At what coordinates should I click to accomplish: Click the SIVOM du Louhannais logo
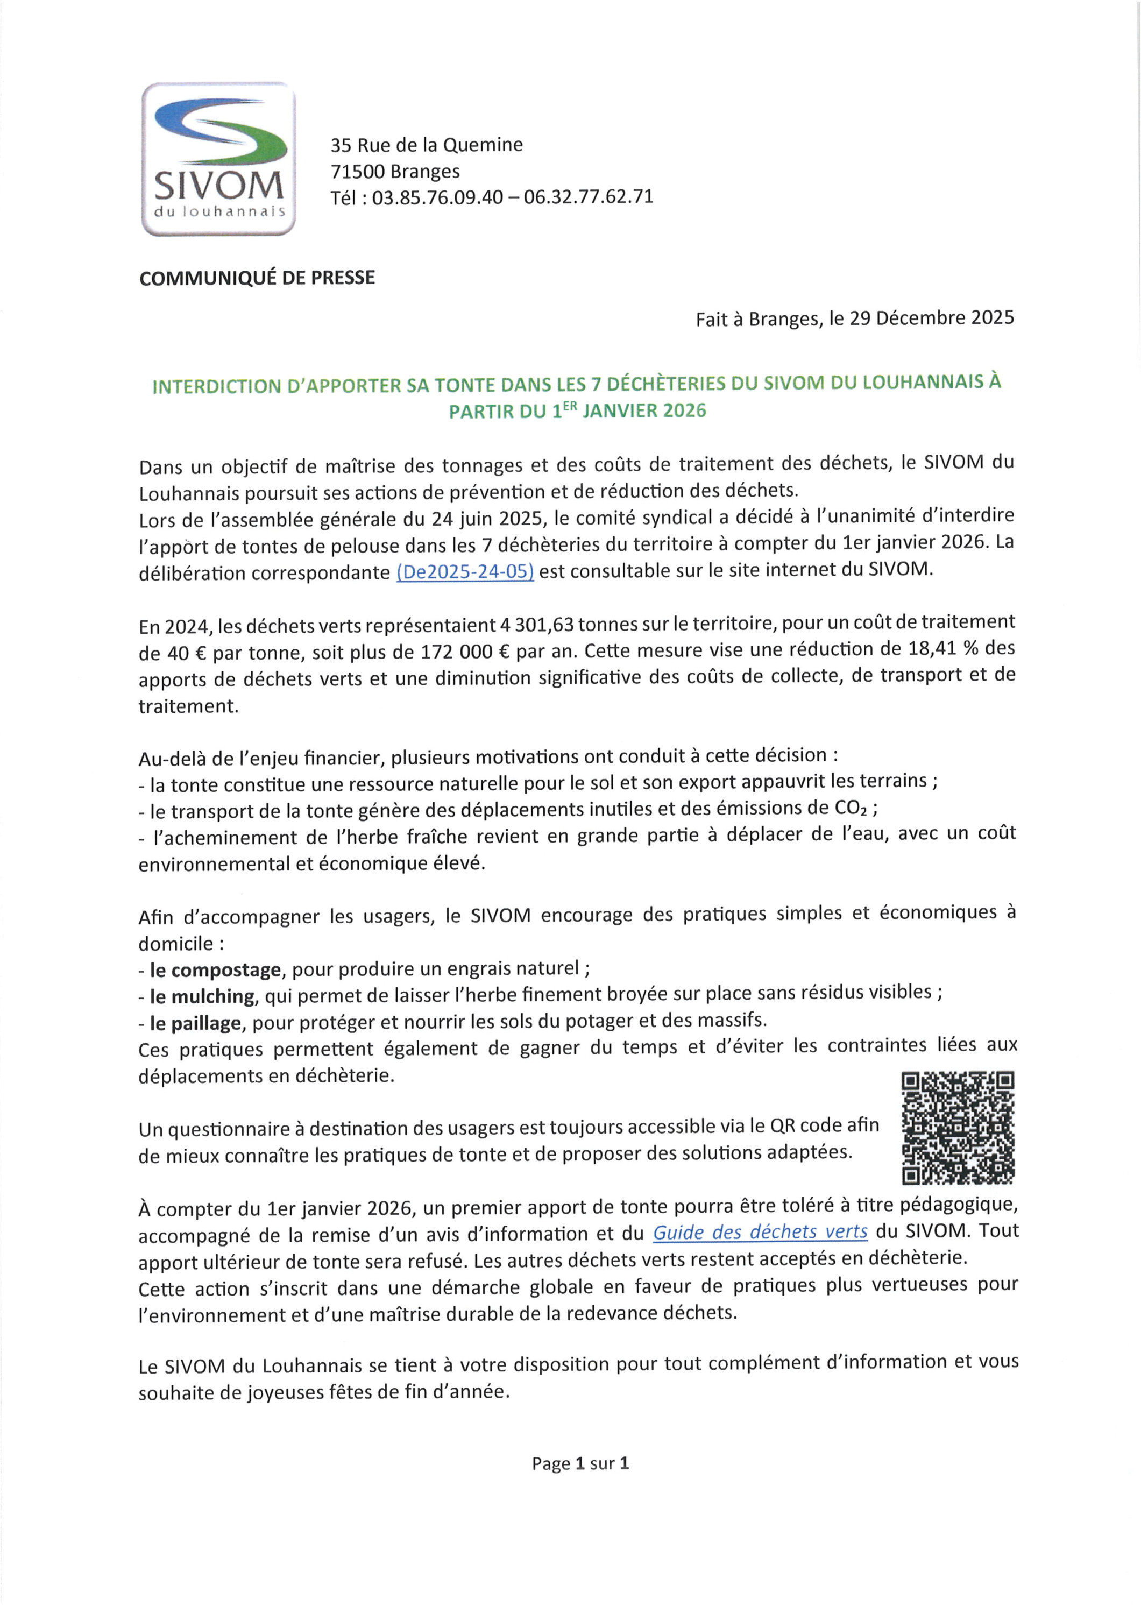click(x=218, y=159)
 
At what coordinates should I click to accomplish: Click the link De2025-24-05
click(x=465, y=571)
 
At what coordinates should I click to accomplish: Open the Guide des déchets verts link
click(x=760, y=1233)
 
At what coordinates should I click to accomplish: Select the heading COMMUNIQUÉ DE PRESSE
click(x=257, y=278)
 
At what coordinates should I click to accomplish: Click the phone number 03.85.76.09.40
click(x=437, y=197)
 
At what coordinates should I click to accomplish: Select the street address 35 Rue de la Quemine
click(x=426, y=145)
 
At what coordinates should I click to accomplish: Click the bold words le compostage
click(x=215, y=970)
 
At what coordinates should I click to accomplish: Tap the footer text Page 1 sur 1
click(x=580, y=1463)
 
